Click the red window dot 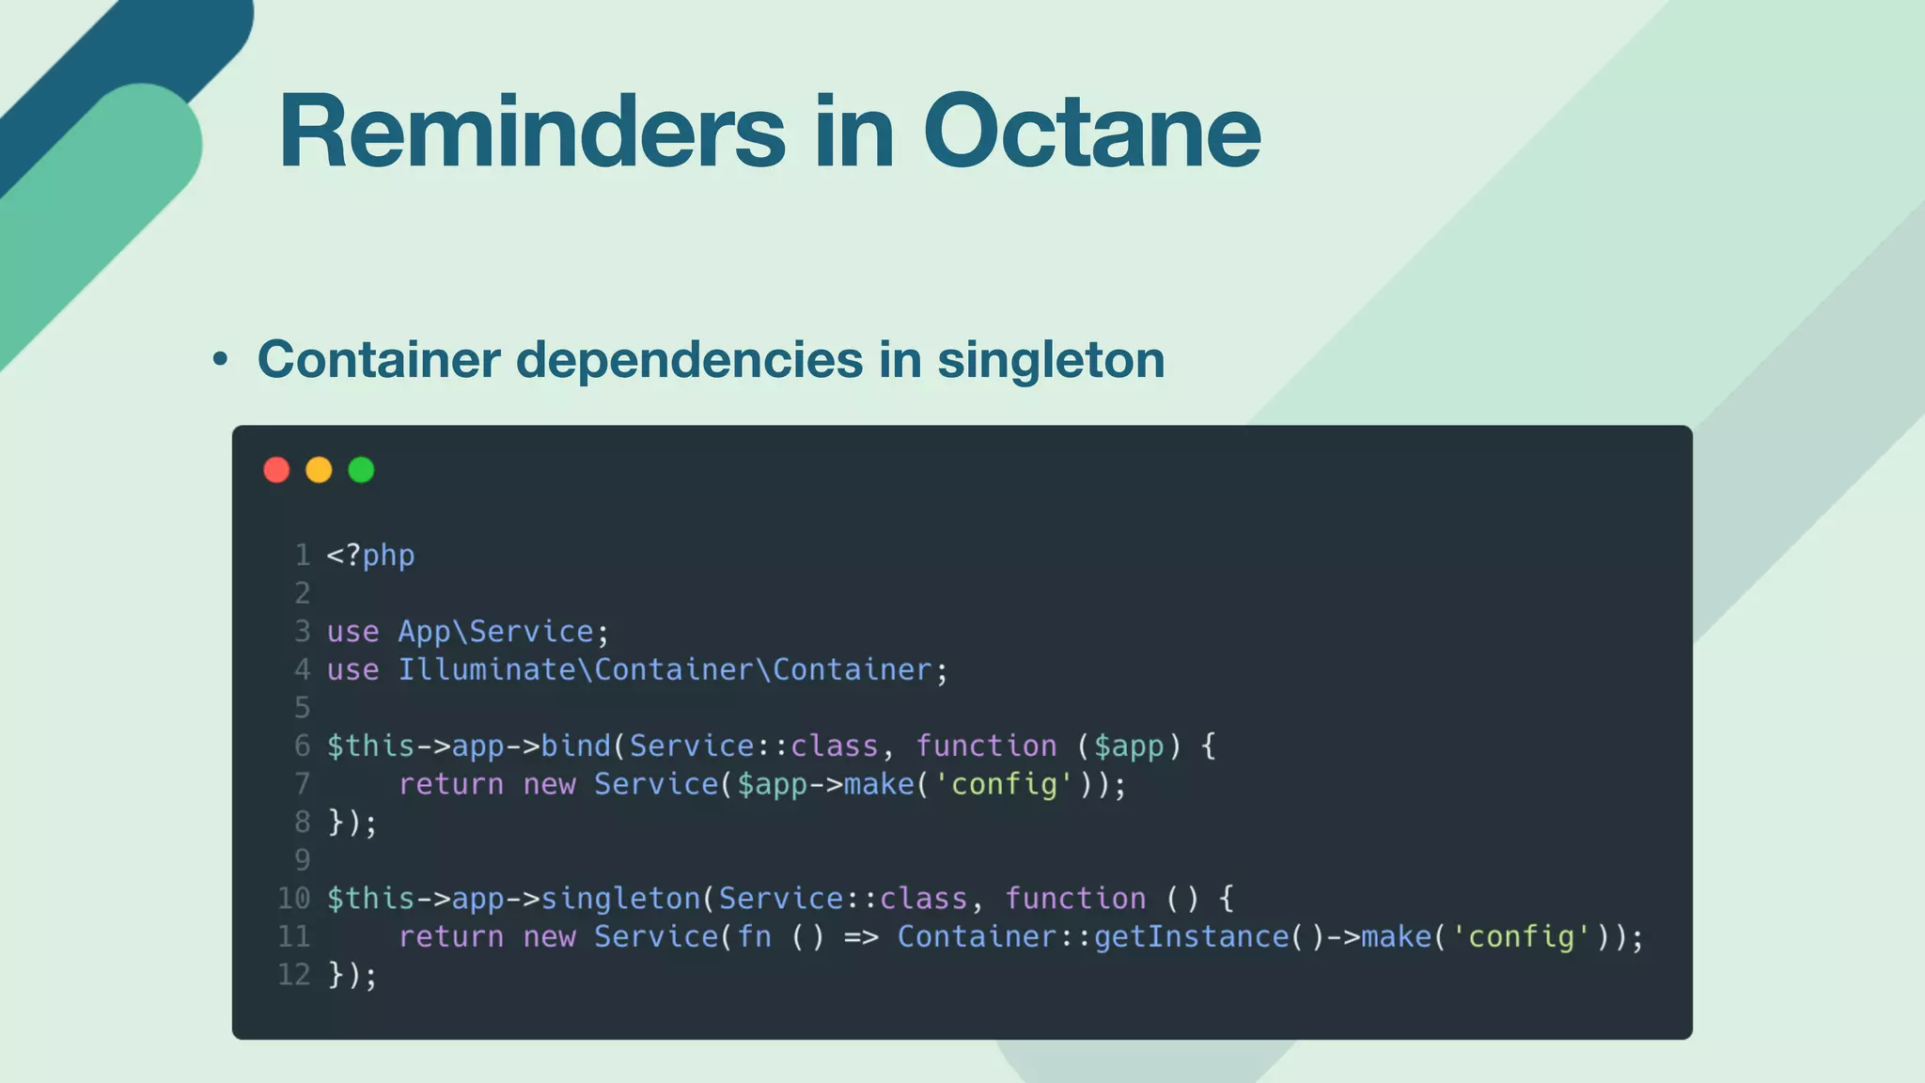coord(276,470)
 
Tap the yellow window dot coord(319,470)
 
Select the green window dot coord(361,470)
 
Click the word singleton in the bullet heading coord(1051,359)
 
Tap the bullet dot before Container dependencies coord(220,359)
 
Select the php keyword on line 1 coord(388,556)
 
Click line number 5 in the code coord(302,707)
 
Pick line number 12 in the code coord(293,975)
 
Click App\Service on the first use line coord(495,632)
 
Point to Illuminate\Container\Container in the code coord(665,670)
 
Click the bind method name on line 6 coord(576,746)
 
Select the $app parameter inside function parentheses coord(1129,746)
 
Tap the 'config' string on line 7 coord(1004,784)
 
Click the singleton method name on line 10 coord(620,899)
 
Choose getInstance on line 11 coord(1191,937)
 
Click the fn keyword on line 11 coord(754,937)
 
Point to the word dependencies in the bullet coord(689,359)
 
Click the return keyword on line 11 coord(450,937)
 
